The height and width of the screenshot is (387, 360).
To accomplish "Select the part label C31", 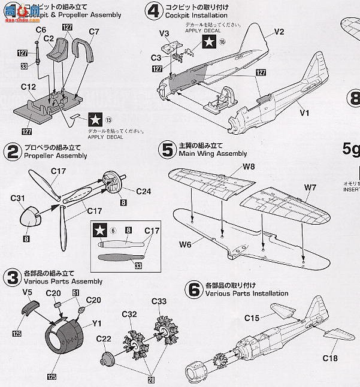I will (x=17, y=198).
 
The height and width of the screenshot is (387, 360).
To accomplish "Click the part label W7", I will (x=310, y=187).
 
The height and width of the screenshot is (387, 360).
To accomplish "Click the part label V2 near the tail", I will (x=279, y=31).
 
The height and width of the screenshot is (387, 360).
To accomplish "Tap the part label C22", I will (x=104, y=339).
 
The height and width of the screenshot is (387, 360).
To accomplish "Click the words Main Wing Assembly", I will (x=205, y=154).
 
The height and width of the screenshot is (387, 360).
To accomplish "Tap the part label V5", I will (x=27, y=292).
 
